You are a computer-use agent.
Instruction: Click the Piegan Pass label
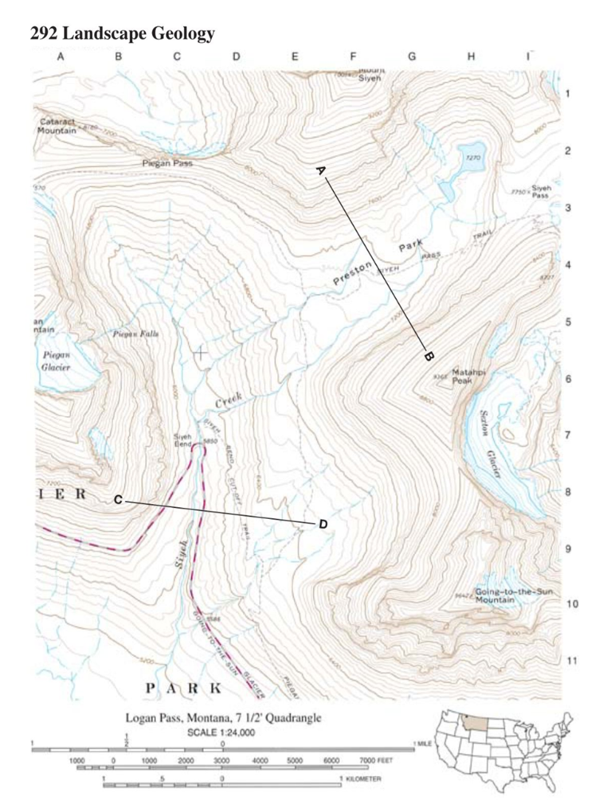(166, 162)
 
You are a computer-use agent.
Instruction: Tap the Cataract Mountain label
(57, 126)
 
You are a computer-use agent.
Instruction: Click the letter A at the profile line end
(320, 170)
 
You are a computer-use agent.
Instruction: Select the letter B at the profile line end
(428, 355)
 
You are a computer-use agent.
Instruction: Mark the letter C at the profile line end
(117, 500)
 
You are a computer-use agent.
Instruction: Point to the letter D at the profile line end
(323, 523)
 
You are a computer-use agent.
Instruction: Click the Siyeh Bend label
(183, 439)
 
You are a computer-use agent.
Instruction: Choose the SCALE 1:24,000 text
(221, 732)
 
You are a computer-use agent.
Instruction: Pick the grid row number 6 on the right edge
(568, 378)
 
